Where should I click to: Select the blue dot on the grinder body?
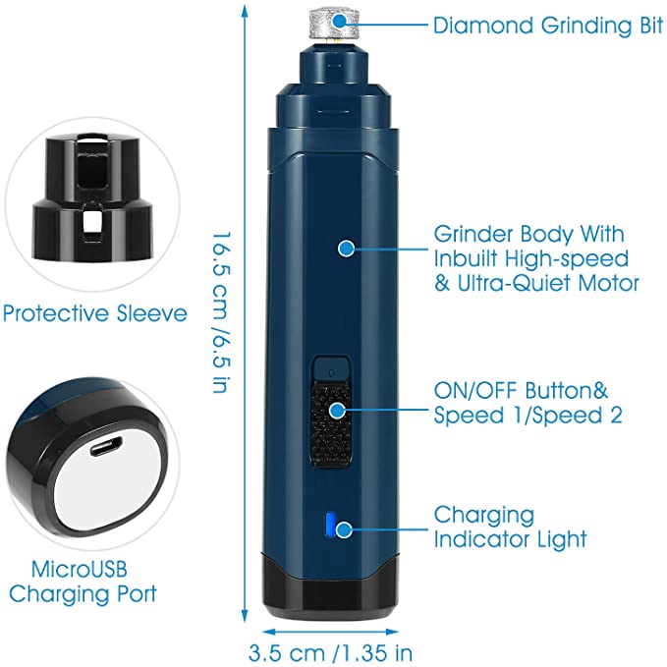pyautogui.click(x=345, y=249)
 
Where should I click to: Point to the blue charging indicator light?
pyautogui.click(x=330, y=528)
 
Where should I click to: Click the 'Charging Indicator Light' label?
pyautogui.click(x=511, y=527)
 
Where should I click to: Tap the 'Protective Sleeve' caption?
pyautogui.click(x=94, y=314)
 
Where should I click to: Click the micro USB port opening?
pyautogui.click(x=104, y=446)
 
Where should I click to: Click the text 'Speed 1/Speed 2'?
pyautogui.click(x=528, y=415)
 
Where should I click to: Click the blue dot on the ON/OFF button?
pyautogui.click(x=339, y=412)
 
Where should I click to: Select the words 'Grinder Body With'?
pyautogui.click(x=528, y=236)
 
